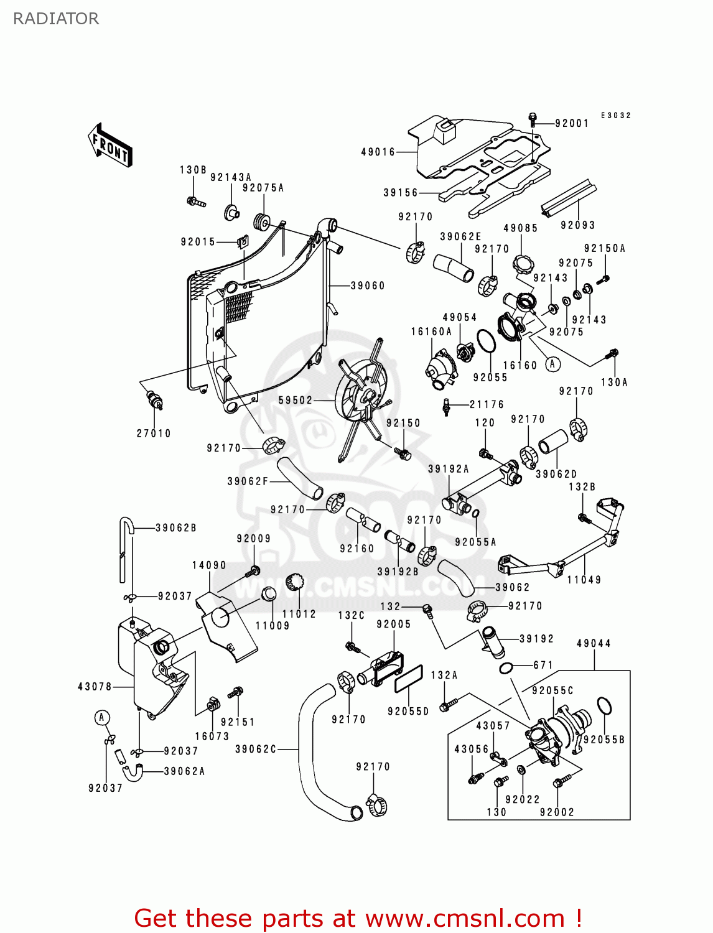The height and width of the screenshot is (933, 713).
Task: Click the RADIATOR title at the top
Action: (56, 19)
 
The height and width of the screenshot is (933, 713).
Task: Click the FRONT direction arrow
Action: (110, 146)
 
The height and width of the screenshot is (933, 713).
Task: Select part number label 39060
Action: (368, 285)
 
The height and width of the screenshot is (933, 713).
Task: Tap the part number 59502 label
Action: (295, 400)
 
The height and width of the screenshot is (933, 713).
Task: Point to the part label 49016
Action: (378, 152)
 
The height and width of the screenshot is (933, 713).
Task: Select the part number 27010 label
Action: (154, 433)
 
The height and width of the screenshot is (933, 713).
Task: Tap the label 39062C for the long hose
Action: (256, 749)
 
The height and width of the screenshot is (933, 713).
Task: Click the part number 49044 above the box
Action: (594, 643)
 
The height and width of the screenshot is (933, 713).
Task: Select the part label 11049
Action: (584, 580)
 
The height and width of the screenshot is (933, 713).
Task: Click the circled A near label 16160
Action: (552, 364)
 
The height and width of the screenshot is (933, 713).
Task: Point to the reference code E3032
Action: (615, 115)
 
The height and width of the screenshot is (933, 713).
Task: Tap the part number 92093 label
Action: (577, 225)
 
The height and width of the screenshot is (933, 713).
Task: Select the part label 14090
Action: (209, 565)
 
